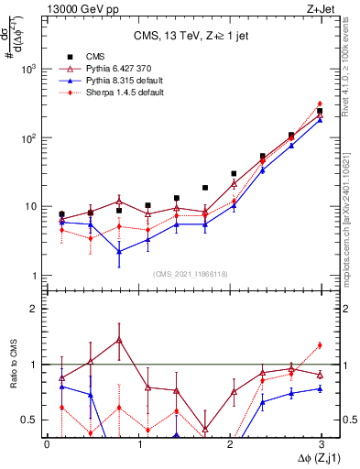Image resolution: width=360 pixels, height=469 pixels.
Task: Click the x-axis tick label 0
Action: (47, 443)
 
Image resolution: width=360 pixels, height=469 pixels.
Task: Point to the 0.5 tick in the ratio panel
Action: (27, 420)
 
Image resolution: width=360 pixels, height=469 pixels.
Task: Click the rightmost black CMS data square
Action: (320, 111)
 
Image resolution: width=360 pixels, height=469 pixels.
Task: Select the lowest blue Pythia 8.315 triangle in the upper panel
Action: (119, 251)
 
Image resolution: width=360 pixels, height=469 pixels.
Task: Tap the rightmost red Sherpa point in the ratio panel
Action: (320, 345)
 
